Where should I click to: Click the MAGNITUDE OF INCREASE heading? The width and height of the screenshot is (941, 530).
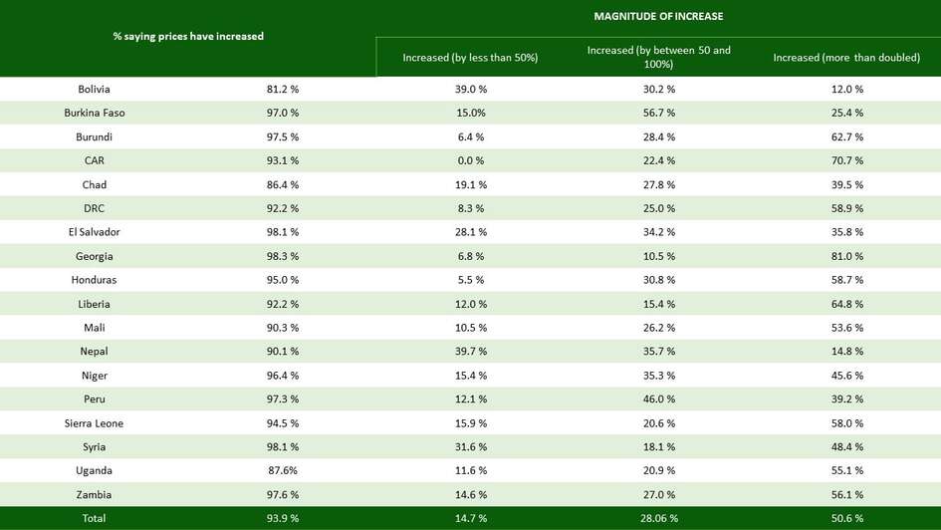tap(658, 16)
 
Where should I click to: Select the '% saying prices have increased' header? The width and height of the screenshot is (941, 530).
tap(188, 37)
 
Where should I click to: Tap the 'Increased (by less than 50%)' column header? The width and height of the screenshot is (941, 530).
tap(470, 58)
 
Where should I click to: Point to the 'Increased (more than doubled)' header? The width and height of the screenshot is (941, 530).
tap(846, 58)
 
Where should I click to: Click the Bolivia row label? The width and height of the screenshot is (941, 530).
tap(94, 89)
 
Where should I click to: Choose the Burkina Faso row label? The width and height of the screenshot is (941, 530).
tap(94, 113)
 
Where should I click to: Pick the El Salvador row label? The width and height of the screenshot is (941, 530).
tap(94, 232)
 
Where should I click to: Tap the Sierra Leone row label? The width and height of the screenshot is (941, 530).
tap(94, 423)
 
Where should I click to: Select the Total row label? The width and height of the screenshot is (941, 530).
tap(94, 518)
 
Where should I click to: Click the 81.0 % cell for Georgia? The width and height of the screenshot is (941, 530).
tap(846, 256)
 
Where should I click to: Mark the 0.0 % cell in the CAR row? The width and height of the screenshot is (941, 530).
tap(470, 160)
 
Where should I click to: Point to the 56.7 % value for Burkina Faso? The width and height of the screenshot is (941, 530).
tap(658, 113)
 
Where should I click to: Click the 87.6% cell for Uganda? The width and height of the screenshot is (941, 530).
tap(282, 470)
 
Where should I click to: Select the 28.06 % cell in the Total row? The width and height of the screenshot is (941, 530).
tap(658, 518)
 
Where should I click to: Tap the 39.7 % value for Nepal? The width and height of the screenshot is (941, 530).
tap(470, 352)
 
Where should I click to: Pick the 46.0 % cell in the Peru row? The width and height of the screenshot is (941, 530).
tap(658, 399)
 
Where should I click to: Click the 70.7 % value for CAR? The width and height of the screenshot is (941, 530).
tap(846, 160)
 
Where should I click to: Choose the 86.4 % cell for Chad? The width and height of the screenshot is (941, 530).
tap(282, 184)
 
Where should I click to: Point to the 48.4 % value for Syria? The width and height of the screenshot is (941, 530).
tap(846, 447)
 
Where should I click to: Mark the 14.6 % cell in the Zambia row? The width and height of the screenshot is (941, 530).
tap(470, 495)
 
